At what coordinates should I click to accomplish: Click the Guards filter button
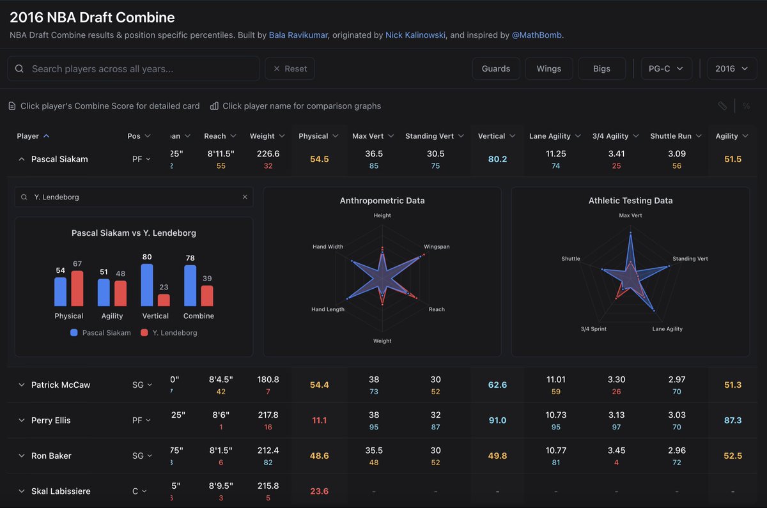click(x=496, y=68)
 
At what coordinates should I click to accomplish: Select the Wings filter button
click(x=548, y=68)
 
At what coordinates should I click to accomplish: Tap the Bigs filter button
click(x=601, y=68)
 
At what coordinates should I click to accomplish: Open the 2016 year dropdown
click(x=731, y=68)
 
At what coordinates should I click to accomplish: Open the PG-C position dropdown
click(x=666, y=68)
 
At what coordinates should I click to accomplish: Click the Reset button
click(x=290, y=68)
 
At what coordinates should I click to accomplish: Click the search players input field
click(x=141, y=68)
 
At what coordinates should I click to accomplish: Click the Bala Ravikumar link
click(x=298, y=35)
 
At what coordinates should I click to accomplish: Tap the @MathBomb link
click(x=537, y=35)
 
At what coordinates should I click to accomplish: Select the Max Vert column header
click(x=368, y=136)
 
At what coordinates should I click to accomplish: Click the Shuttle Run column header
click(x=670, y=136)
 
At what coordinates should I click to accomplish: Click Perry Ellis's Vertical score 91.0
click(x=497, y=420)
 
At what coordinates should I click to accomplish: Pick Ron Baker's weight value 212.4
click(x=268, y=450)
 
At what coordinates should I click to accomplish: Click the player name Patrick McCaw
click(x=61, y=385)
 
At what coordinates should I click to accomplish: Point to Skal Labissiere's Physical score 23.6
click(x=319, y=491)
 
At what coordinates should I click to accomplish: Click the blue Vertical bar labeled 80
click(x=147, y=286)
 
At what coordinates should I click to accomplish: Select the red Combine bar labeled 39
click(x=206, y=296)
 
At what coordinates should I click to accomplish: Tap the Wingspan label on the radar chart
click(x=437, y=247)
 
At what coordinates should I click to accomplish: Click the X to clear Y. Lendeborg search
click(x=245, y=197)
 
